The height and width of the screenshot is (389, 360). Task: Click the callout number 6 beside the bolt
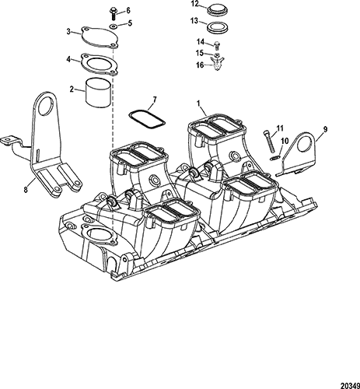point(128,10)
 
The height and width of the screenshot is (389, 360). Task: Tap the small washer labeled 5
point(114,26)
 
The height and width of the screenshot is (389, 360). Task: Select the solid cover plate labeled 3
point(100,37)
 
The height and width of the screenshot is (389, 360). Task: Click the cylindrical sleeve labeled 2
point(99,93)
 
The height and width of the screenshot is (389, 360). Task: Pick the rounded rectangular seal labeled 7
point(147,119)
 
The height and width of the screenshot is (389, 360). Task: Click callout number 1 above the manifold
point(198,103)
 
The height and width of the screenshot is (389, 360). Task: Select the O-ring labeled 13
point(217,27)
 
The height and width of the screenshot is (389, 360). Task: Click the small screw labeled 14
point(217,45)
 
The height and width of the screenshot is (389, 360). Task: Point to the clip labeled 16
point(217,64)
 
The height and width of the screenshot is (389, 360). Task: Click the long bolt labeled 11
point(269,142)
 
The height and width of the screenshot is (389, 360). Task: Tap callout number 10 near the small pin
point(285,141)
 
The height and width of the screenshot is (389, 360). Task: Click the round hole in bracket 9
point(306,145)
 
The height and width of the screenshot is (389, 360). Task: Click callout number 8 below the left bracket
point(26,190)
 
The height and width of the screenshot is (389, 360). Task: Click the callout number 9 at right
point(325,129)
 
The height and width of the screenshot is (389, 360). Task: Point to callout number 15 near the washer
point(200,53)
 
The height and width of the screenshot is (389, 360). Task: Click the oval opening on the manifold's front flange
point(100,235)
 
